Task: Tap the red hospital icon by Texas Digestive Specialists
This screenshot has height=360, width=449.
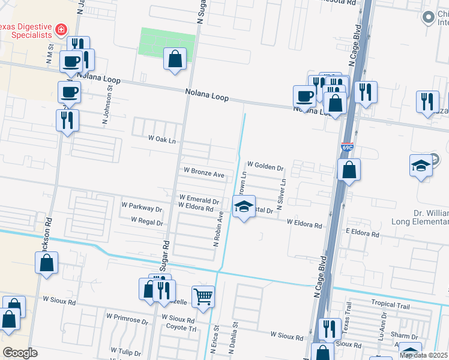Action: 61,29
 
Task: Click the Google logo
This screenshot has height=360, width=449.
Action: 20,353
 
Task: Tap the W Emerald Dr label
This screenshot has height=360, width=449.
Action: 198,198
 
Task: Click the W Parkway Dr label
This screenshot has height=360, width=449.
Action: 142,209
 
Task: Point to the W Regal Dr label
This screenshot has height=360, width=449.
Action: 143,222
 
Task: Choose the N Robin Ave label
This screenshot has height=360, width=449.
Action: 218,229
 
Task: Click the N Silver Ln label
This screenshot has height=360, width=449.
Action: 280,191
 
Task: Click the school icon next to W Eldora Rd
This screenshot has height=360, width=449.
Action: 244,207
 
